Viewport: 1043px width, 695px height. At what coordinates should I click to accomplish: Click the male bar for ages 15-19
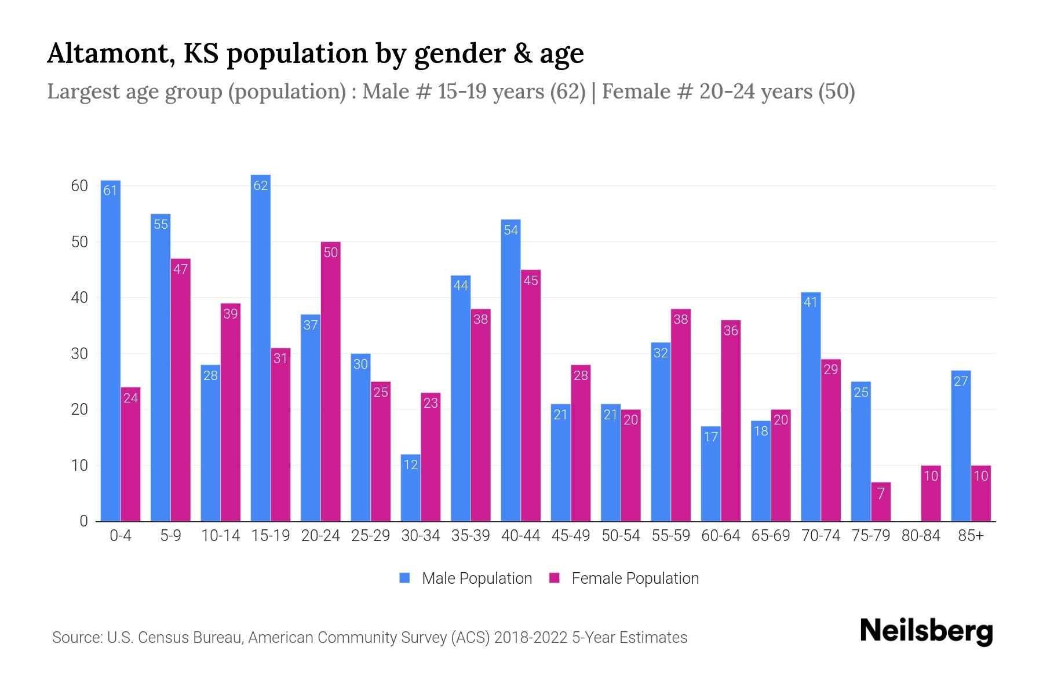point(261,348)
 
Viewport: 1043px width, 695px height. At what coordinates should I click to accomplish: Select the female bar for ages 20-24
point(330,382)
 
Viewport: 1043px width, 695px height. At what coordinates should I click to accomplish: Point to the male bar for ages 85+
point(961,446)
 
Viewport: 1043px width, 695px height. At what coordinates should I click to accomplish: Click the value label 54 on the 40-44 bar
point(510,230)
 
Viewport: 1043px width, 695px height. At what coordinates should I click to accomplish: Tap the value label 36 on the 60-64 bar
point(731,331)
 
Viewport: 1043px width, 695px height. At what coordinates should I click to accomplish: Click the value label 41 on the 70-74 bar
point(810,302)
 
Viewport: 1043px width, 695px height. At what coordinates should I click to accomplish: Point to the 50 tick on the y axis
point(79,242)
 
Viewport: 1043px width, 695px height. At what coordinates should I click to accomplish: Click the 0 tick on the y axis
point(84,521)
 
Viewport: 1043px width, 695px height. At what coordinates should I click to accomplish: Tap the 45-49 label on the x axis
point(571,536)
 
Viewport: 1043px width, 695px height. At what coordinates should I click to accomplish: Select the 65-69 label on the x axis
point(771,536)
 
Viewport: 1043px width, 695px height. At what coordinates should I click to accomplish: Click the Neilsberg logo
point(926,631)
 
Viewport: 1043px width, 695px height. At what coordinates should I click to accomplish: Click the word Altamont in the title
point(111,53)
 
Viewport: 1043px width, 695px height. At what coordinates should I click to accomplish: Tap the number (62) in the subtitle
point(568,92)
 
